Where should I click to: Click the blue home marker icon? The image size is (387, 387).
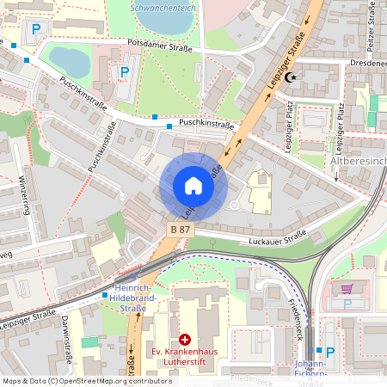point(193,186)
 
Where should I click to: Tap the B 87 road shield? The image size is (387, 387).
point(180,230)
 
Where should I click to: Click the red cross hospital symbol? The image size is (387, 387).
point(184,340)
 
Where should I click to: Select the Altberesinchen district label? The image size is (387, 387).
point(358,162)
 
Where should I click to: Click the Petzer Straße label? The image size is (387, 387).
point(369,26)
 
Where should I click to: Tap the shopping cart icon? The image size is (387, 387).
point(347,289)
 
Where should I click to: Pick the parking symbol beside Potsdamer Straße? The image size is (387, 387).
point(125,73)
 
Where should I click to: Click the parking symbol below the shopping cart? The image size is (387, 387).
point(347,304)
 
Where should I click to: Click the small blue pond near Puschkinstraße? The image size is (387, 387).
point(68,61)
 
